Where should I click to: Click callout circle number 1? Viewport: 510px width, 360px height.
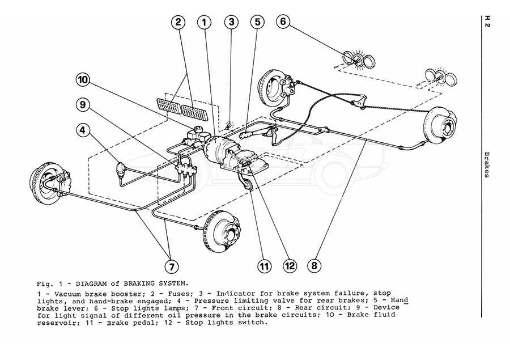205,23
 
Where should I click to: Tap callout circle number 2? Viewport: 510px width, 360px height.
178,23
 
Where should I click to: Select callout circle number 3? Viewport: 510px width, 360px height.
231,23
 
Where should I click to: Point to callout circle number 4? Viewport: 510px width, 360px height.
84,130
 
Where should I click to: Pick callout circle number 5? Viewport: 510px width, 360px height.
258,23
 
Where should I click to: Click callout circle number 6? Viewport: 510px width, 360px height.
284,23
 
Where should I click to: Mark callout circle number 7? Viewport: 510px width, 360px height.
171,265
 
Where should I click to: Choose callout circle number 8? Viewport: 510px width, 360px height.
314,265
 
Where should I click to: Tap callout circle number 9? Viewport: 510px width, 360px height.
84,105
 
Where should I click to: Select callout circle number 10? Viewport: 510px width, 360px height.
84,80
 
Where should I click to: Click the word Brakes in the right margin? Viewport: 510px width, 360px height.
487,164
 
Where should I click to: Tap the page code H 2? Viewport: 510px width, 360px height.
487,22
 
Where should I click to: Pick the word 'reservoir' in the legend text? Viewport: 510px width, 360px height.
56,322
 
